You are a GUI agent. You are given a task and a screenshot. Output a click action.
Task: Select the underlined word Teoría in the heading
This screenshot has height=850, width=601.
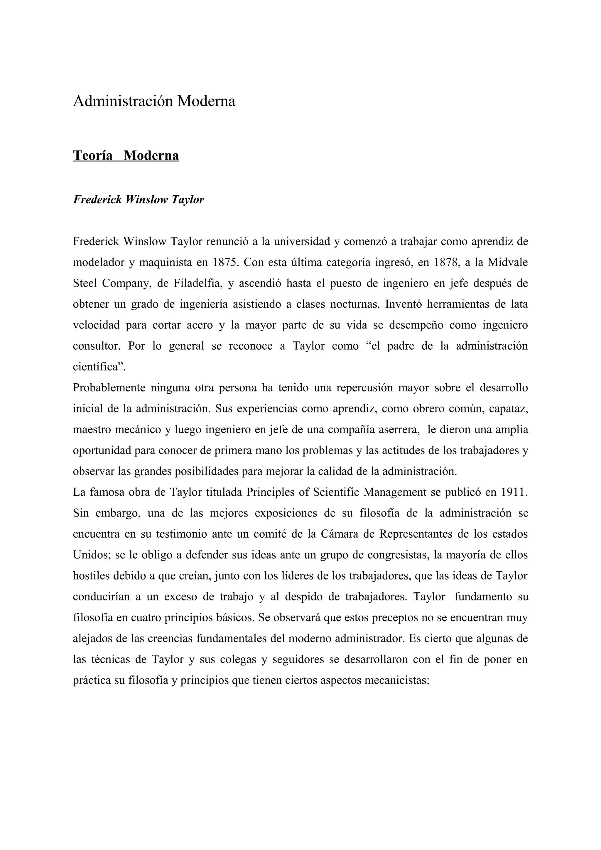[92, 155]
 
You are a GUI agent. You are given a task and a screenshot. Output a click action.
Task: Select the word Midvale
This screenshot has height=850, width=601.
[508, 263]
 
